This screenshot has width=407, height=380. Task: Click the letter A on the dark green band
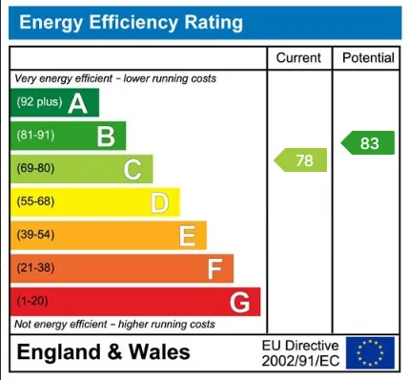78,103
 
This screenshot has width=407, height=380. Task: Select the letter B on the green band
106,137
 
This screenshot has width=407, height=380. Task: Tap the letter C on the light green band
132,170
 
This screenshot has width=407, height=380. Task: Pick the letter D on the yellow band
160,202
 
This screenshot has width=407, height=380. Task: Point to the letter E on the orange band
187,236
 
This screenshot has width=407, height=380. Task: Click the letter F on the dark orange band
214,269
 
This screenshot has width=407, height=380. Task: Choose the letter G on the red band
240,303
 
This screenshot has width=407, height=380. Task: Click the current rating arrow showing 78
301,160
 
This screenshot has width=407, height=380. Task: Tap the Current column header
298,58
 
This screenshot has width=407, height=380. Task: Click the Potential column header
368,58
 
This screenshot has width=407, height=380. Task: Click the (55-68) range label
36,202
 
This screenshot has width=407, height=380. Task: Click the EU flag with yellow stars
369,352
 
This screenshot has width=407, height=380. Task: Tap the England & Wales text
103,352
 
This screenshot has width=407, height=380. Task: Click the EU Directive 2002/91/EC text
299,352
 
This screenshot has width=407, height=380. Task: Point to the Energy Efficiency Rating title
132,22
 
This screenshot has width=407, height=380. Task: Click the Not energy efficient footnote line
114,325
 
